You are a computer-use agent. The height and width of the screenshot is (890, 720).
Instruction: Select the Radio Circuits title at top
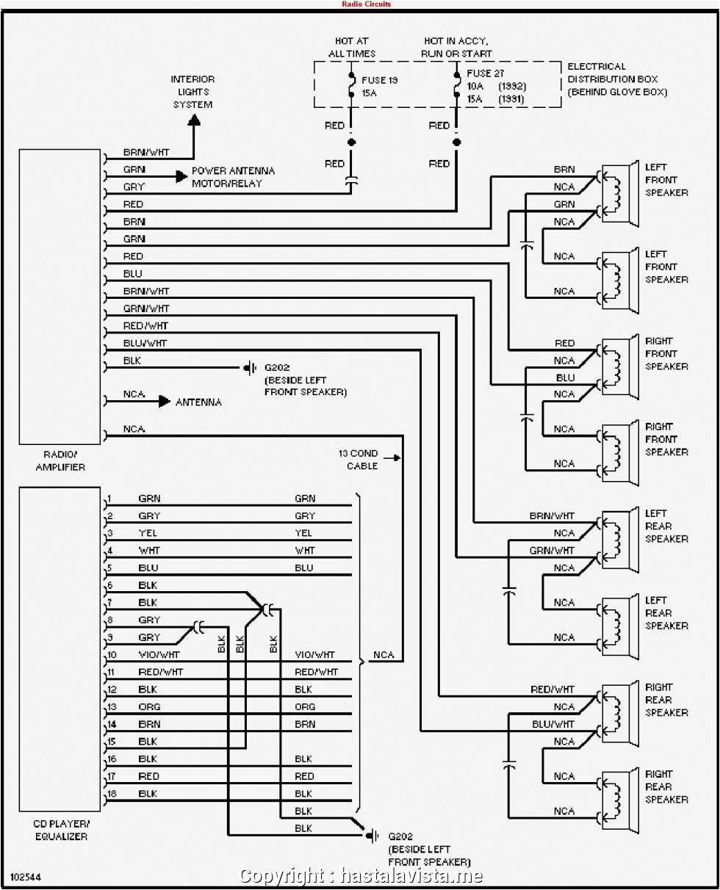[367, 4]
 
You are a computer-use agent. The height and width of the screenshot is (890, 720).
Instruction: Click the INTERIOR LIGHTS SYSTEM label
[193, 92]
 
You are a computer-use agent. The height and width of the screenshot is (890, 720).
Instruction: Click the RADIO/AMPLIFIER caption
[61, 460]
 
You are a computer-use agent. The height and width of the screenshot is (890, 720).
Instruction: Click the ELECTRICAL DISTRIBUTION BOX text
[616, 79]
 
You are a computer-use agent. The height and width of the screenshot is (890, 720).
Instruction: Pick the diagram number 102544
[25, 877]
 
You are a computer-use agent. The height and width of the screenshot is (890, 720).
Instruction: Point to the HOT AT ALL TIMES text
[351, 48]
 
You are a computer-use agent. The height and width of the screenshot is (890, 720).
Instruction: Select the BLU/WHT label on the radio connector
[145, 343]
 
